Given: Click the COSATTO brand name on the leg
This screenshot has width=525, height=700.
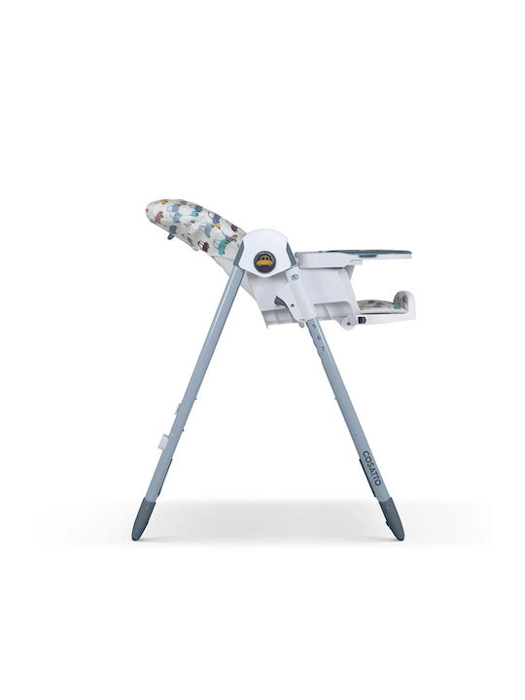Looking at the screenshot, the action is pyautogui.click(x=371, y=468).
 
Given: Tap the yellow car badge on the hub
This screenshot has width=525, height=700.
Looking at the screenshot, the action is pyautogui.click(x=263, y=262).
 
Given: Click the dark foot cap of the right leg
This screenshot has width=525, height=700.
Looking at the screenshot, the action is pyautogui.click(x=392, y=519).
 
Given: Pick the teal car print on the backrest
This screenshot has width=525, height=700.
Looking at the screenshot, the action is pyautogui.click(x=220, y=245).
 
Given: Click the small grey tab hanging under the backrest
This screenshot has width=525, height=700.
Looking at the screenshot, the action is pyautogui.click(x=170, y=234).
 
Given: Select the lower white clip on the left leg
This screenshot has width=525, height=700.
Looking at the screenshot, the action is pyautogui.click(x=164, y=440).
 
